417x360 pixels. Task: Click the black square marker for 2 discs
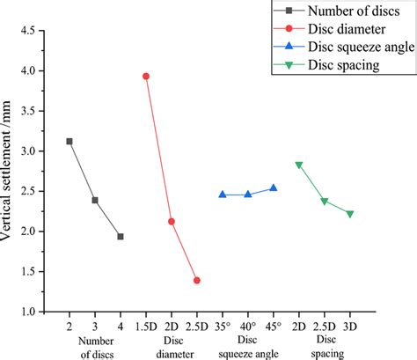69,141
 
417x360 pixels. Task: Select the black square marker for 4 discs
121,236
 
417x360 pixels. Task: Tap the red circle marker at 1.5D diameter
146,76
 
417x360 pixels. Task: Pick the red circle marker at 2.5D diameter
197,280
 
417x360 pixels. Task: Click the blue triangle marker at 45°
274,187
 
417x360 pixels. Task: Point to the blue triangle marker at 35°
223,195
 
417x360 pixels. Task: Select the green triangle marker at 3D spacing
350,214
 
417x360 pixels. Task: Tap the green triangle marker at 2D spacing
299,165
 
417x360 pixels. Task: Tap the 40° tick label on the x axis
248,327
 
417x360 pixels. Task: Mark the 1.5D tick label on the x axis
146,327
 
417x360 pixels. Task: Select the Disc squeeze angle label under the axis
248,347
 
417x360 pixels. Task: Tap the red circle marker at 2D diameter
172,221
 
